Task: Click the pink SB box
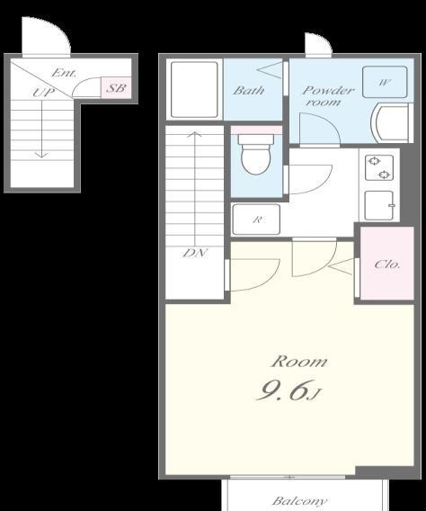coord(116,87)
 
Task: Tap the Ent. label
coord(64,73)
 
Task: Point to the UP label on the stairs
coord(44,93)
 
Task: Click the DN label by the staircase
coord(195,253)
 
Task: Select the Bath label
coord(248,90)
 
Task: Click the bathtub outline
coord(194,89)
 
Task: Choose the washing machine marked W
coord(385,82)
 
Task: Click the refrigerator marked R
coord(256,220)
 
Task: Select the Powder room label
coord(326,95)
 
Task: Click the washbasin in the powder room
coord(392,123)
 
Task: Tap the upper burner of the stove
coord(374,161)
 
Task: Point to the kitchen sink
coord(379,206)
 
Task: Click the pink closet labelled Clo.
coord(387,263)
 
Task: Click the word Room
coord(299,362)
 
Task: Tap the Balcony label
coord(299,501)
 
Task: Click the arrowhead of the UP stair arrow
coord(41,155)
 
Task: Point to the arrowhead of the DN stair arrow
coord(195,134)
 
